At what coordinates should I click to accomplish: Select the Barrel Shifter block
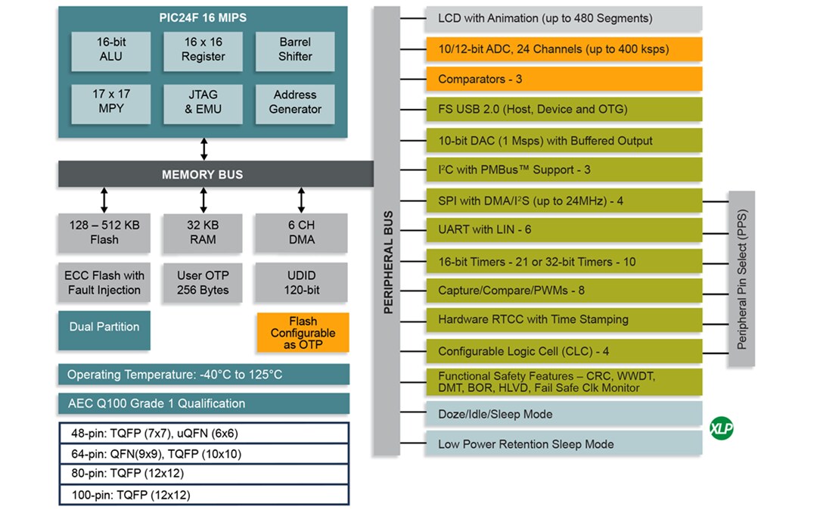tap(295, 49)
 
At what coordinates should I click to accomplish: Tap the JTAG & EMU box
tap(203, 102)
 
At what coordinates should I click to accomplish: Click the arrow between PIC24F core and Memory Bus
tap(203, 149)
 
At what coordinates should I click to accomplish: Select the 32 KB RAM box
tap(203, 232)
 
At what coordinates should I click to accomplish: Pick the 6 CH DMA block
tap(301, 232)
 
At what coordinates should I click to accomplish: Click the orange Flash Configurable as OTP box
tap(303, 333)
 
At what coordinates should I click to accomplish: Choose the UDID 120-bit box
tap(301, 282)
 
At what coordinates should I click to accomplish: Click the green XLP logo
tap(721, 429)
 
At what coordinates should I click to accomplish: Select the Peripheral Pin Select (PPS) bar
tap(741, 278)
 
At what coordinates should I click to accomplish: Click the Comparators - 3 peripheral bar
tap(564, 79)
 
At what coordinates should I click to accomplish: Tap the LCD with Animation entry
tap(564, 18)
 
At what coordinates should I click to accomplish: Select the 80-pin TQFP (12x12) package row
tap(203, 474)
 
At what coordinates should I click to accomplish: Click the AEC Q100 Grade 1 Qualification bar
tap(203, 403)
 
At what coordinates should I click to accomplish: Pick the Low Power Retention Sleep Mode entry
tap(564, 444)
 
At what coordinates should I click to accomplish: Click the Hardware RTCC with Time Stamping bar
tap(564, 319)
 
